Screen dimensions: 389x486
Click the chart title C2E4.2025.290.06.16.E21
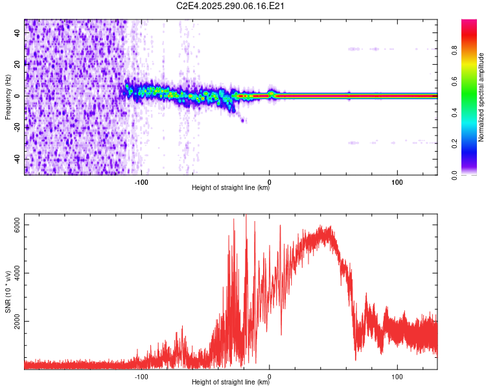231,6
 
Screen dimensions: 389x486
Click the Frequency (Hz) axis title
8,97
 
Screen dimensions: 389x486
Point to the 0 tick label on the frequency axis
19,95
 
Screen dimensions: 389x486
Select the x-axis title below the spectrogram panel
231,188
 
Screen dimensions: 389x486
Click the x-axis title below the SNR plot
231,383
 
